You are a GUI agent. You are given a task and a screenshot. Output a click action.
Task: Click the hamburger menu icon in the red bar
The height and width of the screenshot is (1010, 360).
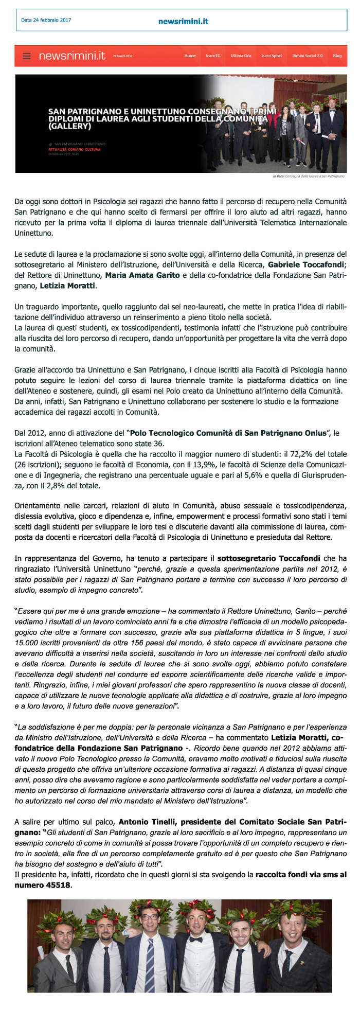(27, 56)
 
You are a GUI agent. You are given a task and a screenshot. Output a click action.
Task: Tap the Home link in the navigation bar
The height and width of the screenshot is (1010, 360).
(190, 56)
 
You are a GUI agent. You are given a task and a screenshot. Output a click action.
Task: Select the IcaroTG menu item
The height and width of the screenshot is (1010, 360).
(213, 56)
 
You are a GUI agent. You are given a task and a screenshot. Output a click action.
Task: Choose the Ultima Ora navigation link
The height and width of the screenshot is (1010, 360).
(241, 56)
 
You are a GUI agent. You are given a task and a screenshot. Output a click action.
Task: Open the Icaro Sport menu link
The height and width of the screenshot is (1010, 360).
(272, 56)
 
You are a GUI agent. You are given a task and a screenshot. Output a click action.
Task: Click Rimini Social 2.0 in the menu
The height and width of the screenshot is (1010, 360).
(308, 56)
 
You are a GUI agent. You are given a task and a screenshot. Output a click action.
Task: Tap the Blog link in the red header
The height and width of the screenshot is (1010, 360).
(337, 56)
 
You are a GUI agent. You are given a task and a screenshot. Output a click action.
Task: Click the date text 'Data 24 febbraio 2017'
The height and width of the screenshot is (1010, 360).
(46, 21)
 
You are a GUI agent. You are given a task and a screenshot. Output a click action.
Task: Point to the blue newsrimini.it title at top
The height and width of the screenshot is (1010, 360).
(183, 22)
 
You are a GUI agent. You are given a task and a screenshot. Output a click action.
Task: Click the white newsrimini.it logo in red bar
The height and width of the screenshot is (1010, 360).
(72, 56)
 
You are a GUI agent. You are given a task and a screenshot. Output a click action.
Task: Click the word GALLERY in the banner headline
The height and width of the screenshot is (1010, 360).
(70, 126)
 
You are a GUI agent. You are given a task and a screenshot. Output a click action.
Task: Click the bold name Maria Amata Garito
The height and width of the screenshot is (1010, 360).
(142, 275)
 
